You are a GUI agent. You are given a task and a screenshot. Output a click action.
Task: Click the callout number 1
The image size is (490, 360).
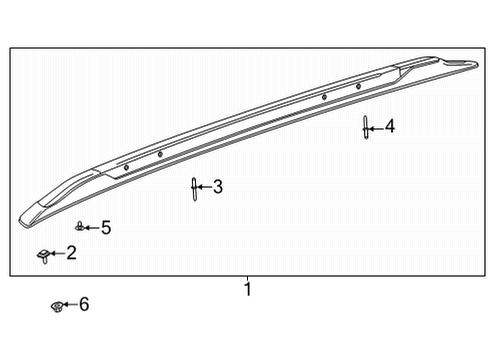[x=248, y=290]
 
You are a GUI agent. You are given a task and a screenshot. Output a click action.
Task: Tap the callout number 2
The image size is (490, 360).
[x=71, y=253]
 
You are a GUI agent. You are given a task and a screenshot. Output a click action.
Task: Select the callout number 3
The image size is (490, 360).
[x=217, y=187]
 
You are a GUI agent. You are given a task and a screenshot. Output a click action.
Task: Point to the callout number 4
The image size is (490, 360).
[x=389, y=126]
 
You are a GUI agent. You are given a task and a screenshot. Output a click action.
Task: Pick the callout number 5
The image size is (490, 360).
[x=106, y=228]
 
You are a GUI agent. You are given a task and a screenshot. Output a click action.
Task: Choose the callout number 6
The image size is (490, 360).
[x=84, y=304]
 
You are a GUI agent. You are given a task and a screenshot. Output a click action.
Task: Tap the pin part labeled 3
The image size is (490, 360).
[x=193, y=187]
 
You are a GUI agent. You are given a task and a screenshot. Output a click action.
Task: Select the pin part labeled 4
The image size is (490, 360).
[x=366, y=127]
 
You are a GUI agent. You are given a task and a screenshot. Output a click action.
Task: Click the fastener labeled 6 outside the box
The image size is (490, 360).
[x=58, y=305]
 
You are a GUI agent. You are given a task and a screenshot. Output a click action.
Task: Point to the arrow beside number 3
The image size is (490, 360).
[x=204, y=187]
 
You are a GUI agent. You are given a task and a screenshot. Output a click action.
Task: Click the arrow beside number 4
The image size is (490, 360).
[x=376, y=126]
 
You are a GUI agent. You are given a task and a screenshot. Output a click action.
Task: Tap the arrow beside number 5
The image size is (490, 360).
[x=92, y=228]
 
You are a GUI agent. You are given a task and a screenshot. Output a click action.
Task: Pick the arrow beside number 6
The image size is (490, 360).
[x=71, y=304]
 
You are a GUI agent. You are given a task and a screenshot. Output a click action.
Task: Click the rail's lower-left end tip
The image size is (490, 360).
[x=22, y=217]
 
